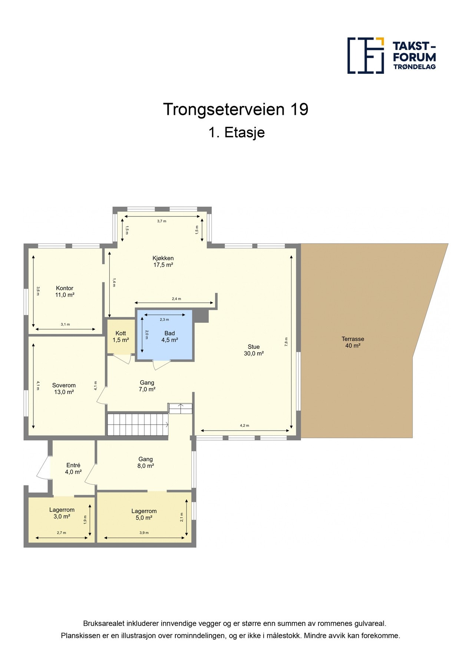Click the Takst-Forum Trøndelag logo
pyautogui.click(x=391, y=56)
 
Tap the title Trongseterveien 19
pyautogui.click(x=236, y=109)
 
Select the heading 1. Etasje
pyautogui.click(x=237, y=132)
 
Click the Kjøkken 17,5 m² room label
pyautogui.click(x=163, y=262)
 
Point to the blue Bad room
pyautogui.click(x=165, y=335)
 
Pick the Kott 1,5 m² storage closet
pyautogui.click(x=121, y=336)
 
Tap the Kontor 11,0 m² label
pyautogui.click(x=65, y=292)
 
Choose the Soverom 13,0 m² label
pyautogui.click(x=64, y=389)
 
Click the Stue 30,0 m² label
pyautogui.click(x=254, y=350)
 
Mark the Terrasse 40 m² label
pyautogui.click(x=353, y=342)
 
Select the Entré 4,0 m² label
pyautogui.click(x=73, y=469)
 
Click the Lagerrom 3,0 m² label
pyautogui.click(x=62, y=513)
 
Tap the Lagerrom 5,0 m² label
pyautogui.click(x=144, y=515)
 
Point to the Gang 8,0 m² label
pyautogui.click(x=145, y=462)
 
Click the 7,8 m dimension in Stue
pyautogui.click(x=286, y=342)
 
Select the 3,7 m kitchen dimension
pyautogui.click(x=162, y=221)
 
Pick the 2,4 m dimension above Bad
pyautogui.click(x=176, y=299)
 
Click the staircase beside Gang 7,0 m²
pyautogui.click(x=138, y=424)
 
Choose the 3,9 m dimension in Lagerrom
pyautogui.click(x=144, y=533)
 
